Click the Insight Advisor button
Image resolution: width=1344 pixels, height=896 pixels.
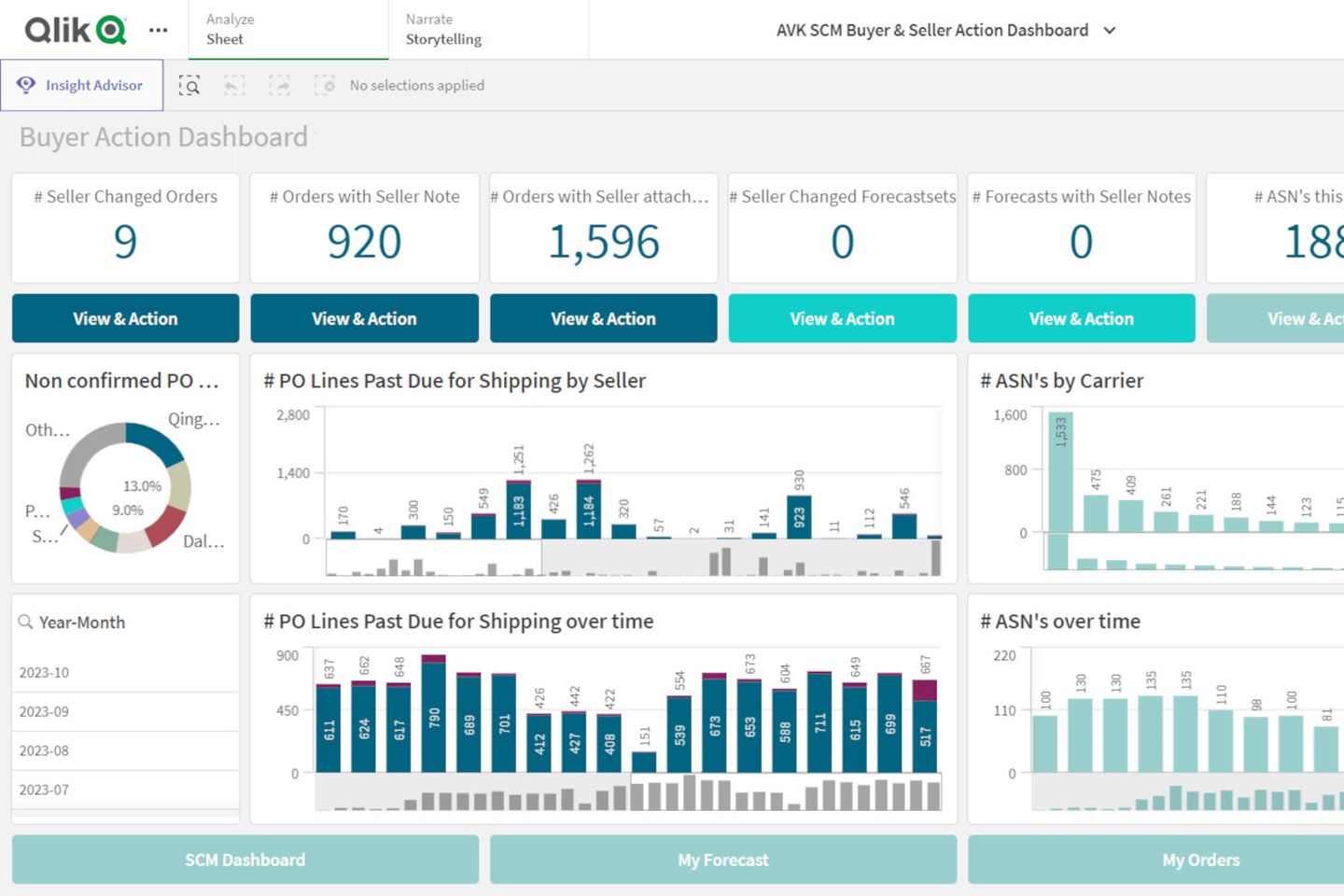(x=82, y=85)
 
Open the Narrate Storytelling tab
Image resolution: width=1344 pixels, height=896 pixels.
(x=443, y=30)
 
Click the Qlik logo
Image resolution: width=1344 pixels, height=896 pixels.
(x=75, y=30)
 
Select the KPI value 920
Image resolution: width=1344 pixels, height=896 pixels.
(x=364, y=242)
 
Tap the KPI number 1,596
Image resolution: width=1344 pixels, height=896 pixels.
(x=603, y=242)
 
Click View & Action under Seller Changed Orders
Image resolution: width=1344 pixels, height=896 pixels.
(x=125, y=318)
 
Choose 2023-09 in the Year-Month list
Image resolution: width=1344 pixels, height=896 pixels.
(x=44, y=711)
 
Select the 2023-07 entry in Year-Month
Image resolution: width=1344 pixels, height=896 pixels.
(x=44, y=790)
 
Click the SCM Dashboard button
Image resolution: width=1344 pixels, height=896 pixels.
(x=245, y=860)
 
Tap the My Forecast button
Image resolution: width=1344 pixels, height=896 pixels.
(x=723, y=860)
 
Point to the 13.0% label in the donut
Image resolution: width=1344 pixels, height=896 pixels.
(x=142, y=486)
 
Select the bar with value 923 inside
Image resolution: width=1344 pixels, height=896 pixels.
(x=799, y=517)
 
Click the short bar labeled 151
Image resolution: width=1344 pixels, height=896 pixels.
(x=644, y=762)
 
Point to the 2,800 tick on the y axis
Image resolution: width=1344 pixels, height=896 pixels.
(x=293, y=415)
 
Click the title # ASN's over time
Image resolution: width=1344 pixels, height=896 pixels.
(x=1060, y=622)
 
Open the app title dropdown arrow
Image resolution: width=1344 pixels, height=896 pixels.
(x=1110, y=30)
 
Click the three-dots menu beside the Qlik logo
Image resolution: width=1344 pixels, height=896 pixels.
(x=159, y=30)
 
